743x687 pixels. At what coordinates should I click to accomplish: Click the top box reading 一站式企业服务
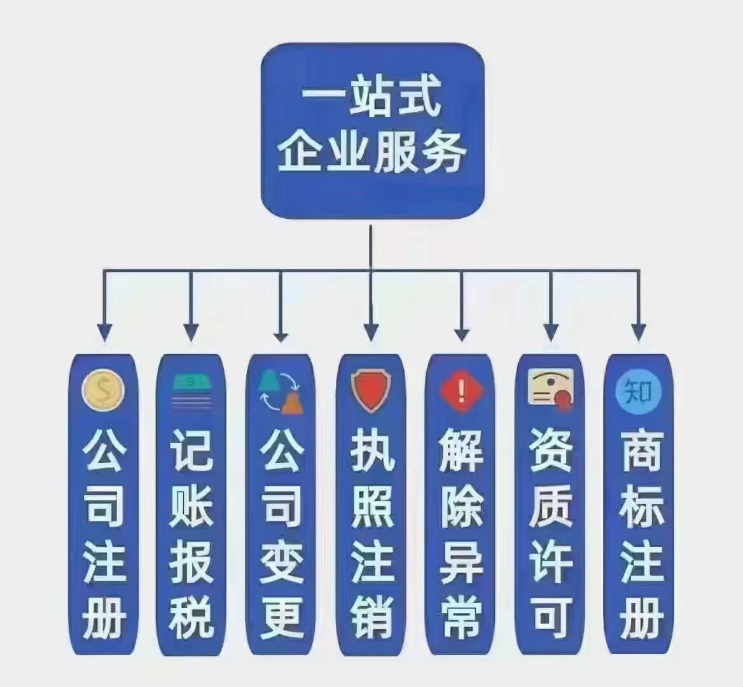(373, 131)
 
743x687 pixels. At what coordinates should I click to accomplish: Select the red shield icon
(370, 391)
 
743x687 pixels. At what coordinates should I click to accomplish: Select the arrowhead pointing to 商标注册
(639, 331)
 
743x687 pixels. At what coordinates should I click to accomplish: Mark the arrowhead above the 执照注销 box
(371, 331)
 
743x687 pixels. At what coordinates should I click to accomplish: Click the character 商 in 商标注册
(641, 451)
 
